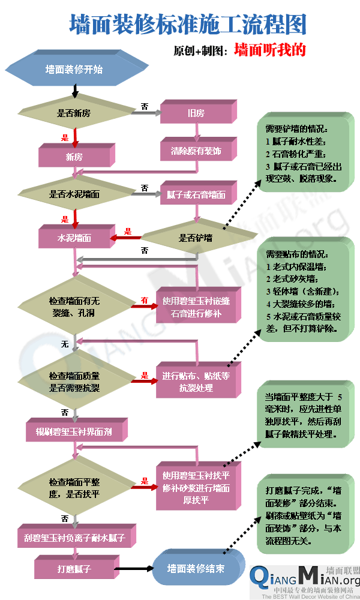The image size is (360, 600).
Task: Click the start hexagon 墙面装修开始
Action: click(74, 70)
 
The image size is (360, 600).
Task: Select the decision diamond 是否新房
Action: click(74, 113)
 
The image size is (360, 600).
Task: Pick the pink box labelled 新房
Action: click(74, 157)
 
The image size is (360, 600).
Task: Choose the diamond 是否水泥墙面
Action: click(74, 194)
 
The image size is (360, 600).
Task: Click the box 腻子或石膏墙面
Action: click(197, 194)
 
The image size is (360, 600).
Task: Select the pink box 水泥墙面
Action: click(74, 238)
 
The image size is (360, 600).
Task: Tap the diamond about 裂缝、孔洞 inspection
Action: click(74, 305)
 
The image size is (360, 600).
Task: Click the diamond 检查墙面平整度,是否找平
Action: click(74, 488)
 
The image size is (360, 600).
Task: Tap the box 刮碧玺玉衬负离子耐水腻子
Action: click(78, 538)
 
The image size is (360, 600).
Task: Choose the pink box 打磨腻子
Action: click(74, 567)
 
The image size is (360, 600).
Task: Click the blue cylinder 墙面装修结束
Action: click(196, 568)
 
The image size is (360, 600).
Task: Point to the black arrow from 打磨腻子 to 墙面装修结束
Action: click(131, 568)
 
